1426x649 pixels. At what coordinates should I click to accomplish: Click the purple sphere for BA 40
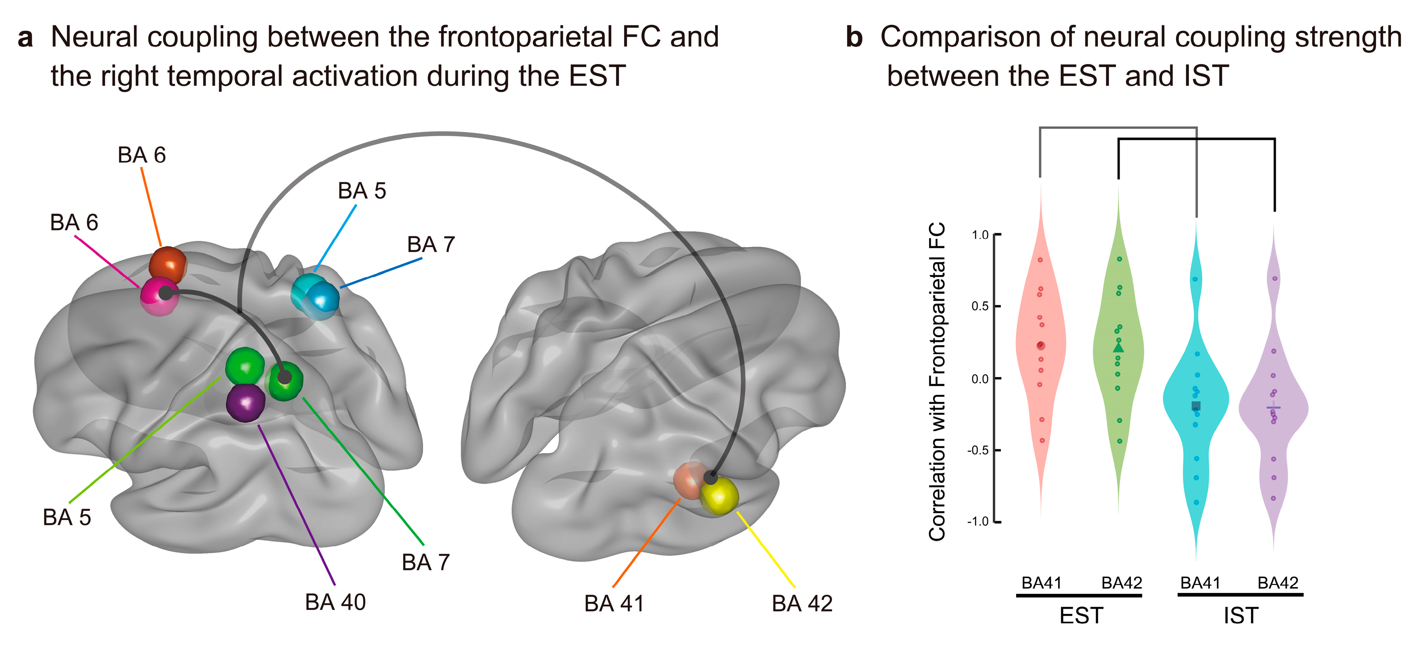pyautogui.click(x=246, y=403)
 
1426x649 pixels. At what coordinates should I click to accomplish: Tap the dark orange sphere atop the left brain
pyautogui.click(x=168, y=265)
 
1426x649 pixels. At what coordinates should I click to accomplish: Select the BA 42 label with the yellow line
pyautogui.click(x=802, y=603)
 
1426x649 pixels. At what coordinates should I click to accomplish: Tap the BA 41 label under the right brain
pyautogui.click(x=614, y=603)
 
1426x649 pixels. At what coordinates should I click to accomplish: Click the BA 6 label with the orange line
pyautogui.click(x=142, y=155)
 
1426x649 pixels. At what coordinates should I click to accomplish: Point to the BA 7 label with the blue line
pyautogui.click(x=431, y=244)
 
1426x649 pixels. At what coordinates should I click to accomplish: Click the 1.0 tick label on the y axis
pyautogui.click(x=980, y=235)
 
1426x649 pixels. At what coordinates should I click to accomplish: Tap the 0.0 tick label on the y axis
pyautogui.click(x=980, y=379)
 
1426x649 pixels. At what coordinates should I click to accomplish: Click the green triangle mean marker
pyautogui.click(x=1118, y=348)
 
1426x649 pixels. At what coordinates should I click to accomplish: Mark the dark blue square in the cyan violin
pyautogui.click(x=1196, y=406)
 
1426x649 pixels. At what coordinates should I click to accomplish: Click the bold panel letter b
pyautogui.click(x=854, y=37)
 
